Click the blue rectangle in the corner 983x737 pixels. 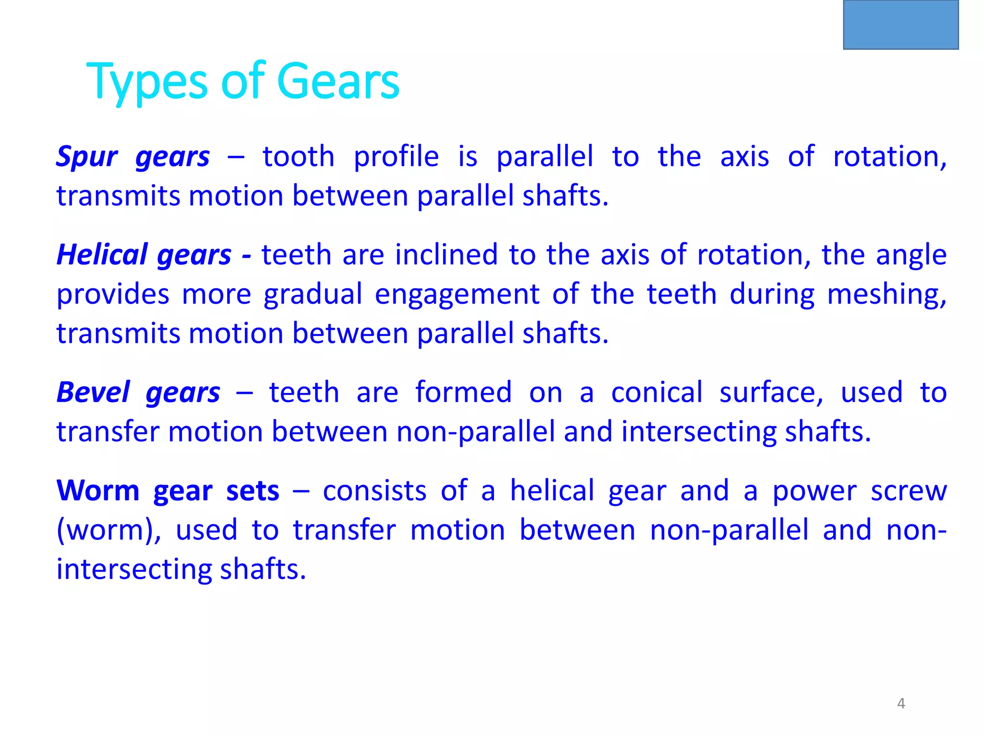point(901,24)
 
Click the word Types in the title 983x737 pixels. point(147,82)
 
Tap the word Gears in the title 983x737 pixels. point(338,82)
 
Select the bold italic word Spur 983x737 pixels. point(86,157)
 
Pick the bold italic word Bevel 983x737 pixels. point(93,392)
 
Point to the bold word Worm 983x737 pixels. point(98,491)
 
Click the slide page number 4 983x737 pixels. point(901,703)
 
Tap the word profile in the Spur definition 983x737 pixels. point(396,157)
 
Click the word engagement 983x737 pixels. point(457,295)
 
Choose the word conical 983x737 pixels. point(657,392)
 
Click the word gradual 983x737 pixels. point(313,295)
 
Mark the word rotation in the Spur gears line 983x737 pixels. point(889,157)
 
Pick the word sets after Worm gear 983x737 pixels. point(252,491)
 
